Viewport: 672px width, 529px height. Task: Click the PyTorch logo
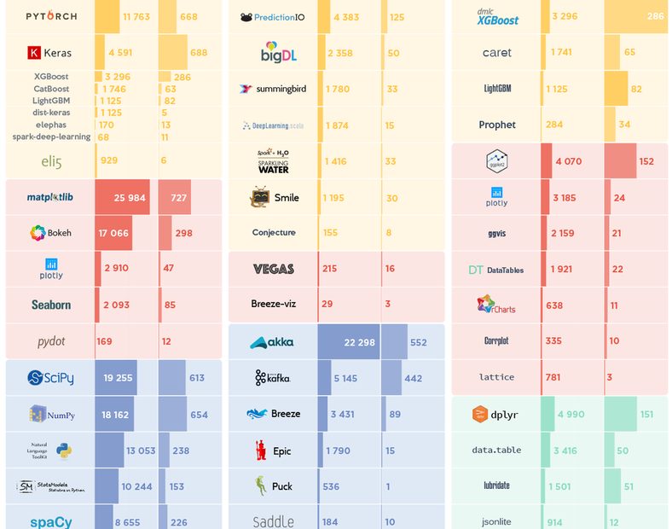[x=51, y=16]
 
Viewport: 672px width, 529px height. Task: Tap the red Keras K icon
[x=34, y=53]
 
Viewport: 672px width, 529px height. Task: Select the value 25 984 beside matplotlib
[x=122, y=198]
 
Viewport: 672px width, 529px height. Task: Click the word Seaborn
[x=51, y=305]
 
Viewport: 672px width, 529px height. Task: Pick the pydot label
[x=51, y=341]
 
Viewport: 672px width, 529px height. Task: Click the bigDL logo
[x=274, y=52]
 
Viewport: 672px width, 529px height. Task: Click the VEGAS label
[x=274, y=269]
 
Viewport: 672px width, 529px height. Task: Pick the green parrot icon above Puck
[x=261, y=486]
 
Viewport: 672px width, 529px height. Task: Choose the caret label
[x=497, y=53]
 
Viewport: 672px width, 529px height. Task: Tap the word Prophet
[x=497, y=125]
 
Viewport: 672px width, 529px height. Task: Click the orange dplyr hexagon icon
[x=480, y=415]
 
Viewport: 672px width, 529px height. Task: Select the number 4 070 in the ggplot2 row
[x=569, y=161]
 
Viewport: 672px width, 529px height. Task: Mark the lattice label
[x=496, y=377]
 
